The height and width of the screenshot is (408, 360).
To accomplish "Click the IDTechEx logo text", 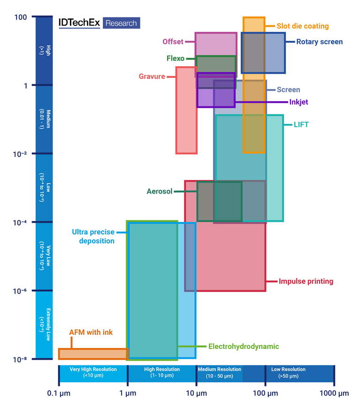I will (x=79, y=23).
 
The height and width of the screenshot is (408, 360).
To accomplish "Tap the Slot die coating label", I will (x=302, y=26).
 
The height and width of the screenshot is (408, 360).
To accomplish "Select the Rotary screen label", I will (x=319, y=42).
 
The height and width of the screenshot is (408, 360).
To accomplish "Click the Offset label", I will (x=173, y=42).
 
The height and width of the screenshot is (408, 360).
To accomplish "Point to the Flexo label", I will (x=175, y=59).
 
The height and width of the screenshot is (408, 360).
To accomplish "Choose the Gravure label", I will (x=152, y=76).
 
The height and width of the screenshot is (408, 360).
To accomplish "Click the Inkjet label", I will (x=299, y=102).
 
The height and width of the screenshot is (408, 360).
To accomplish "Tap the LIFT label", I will (x=301, y=125).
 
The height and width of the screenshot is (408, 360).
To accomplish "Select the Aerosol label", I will (x=159, y=191).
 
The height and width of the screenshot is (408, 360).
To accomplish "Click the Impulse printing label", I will (x=306, y=281).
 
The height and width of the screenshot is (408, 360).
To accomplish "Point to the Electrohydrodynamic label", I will (x=243, y=347).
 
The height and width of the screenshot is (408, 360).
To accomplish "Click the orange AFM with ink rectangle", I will (x=92, y=354).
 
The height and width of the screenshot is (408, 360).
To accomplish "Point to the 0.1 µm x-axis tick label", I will (x=59, y=393).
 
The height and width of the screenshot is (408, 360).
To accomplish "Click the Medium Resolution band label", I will (x=219, y=372).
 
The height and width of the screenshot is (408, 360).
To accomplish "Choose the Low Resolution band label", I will (x=288, y=372).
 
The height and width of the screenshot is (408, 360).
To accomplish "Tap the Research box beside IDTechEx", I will (x=121, y=23).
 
